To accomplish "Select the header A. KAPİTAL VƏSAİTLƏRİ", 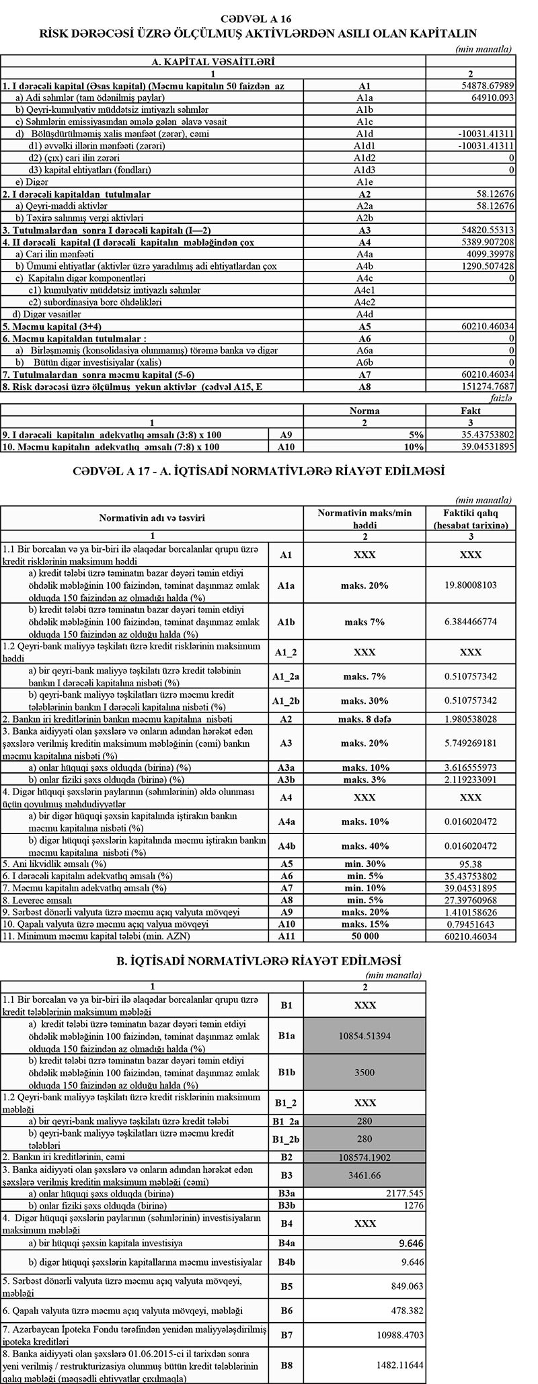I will [213, 62].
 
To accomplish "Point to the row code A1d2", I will [364, 158].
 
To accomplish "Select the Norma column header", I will [364, 411].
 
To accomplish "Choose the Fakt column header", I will [470, 411].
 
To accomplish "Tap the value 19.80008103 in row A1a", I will [470, 585].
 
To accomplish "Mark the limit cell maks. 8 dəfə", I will [364, 719].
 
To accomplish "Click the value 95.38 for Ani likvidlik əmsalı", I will [470, 864].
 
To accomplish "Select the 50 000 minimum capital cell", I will [364, 936].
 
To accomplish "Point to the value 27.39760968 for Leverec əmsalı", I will [470, 900].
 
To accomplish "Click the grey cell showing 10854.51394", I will [364, 1036].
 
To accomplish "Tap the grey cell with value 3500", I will [364, 1072].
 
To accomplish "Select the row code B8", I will [286, 1365].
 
